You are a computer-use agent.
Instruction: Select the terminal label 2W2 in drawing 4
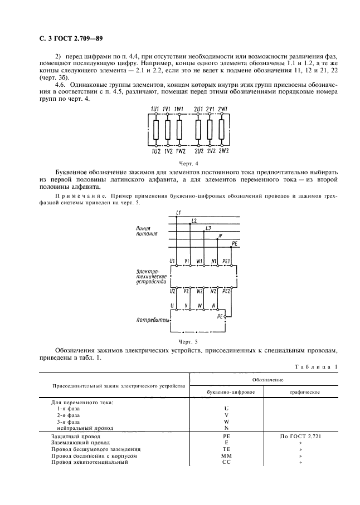[x=223, y=150]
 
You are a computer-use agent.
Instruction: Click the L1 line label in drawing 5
[x=178, y=213]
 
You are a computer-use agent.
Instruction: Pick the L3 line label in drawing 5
[x=207, y=229]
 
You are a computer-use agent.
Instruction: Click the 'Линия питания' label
[x=147, y=232]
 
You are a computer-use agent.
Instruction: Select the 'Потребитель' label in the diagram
[x=150, y=320]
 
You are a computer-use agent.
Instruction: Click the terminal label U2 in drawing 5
[x=172, y=291]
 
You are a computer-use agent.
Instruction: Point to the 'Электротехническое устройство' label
[x=151, y=276]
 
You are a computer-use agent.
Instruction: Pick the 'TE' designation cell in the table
[x=226, y=449]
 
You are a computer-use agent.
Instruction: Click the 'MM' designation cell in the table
[x=226, y=455]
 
